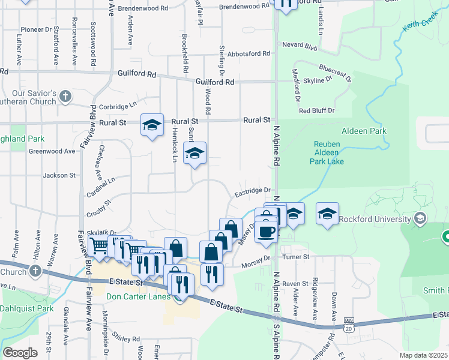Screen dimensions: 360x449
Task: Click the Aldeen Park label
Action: point(364,131)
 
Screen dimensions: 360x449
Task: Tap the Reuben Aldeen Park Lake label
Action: point(327,153)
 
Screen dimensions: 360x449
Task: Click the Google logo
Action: point(20,353)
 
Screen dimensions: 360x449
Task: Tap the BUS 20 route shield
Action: point(348,328)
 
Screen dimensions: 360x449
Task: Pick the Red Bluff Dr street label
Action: point(316,111)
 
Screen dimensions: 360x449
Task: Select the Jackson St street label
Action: point(59,176)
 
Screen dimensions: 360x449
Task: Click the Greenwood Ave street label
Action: point(52,151)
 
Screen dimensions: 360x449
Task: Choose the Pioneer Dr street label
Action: point(37,29)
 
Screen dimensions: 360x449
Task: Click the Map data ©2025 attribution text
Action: point(423,355)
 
